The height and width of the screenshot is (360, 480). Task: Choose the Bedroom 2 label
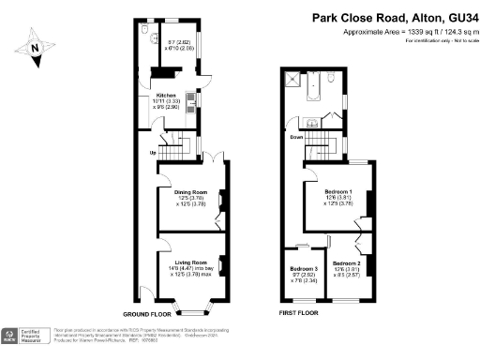(346, 263)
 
